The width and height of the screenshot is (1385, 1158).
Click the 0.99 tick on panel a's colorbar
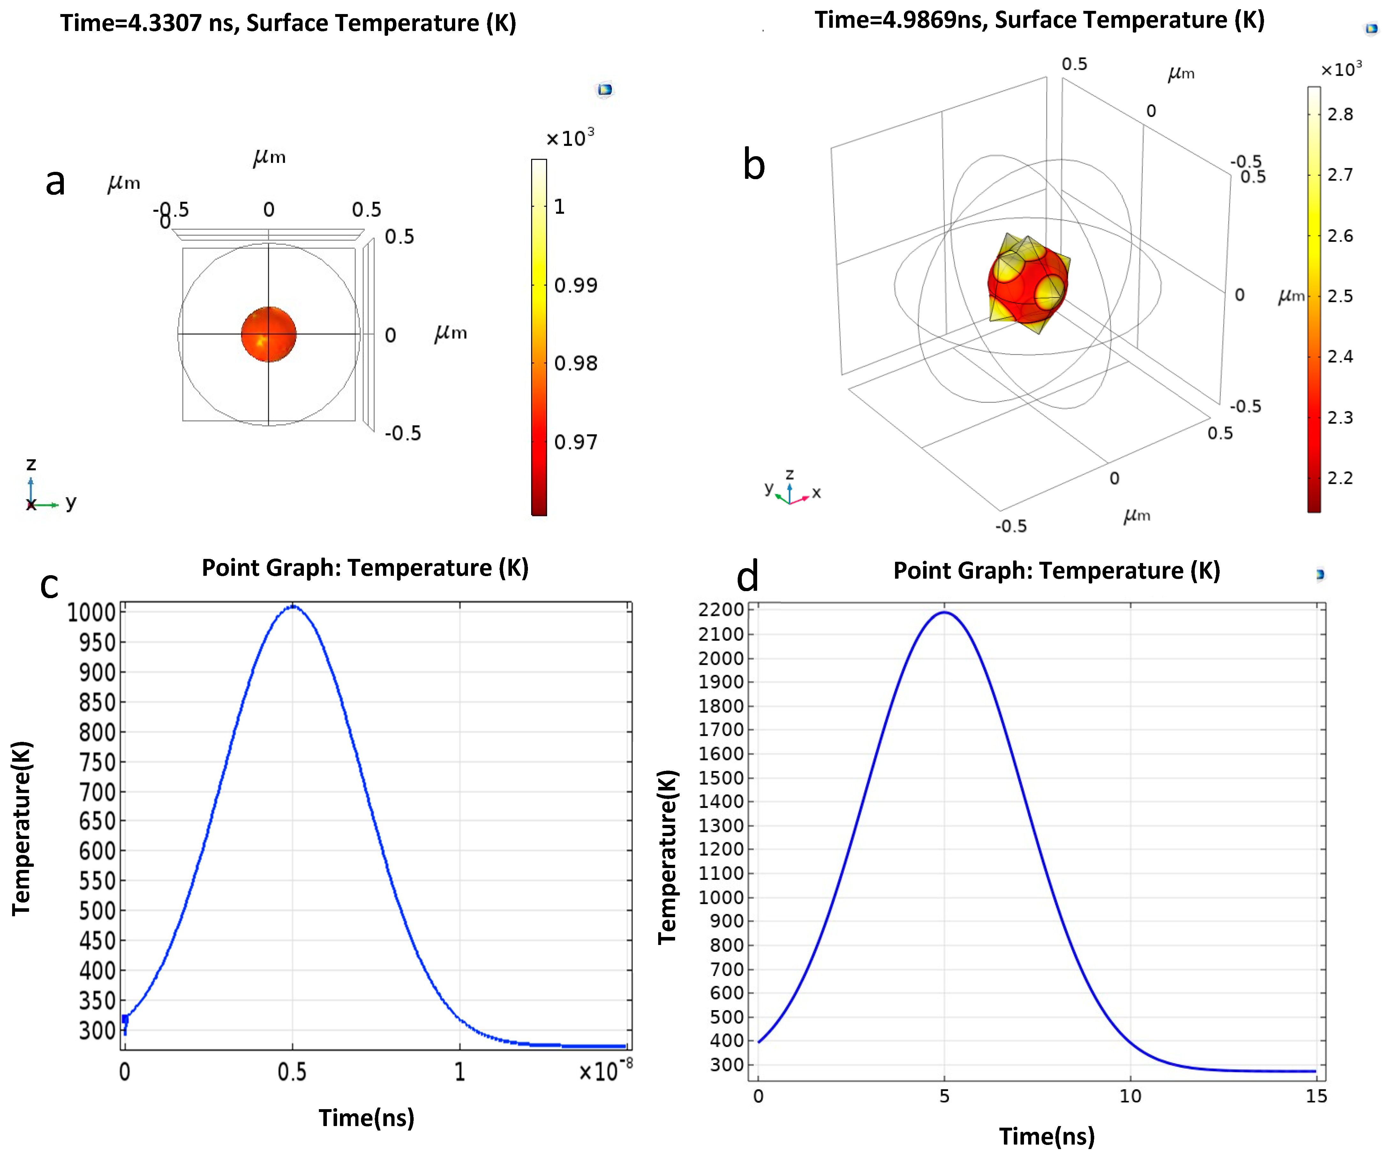(575, 285)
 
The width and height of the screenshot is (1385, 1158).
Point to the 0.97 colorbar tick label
(575, 441)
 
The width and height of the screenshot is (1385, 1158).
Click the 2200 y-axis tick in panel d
(721, 610)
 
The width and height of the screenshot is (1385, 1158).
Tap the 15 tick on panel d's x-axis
(1316, 1096)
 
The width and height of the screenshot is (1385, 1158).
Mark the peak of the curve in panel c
(293, 606)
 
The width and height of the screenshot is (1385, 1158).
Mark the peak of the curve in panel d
(945, 612)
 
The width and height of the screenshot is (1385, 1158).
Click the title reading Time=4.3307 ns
(288, 23)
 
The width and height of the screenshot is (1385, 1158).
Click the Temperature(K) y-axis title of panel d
(667, 857)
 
